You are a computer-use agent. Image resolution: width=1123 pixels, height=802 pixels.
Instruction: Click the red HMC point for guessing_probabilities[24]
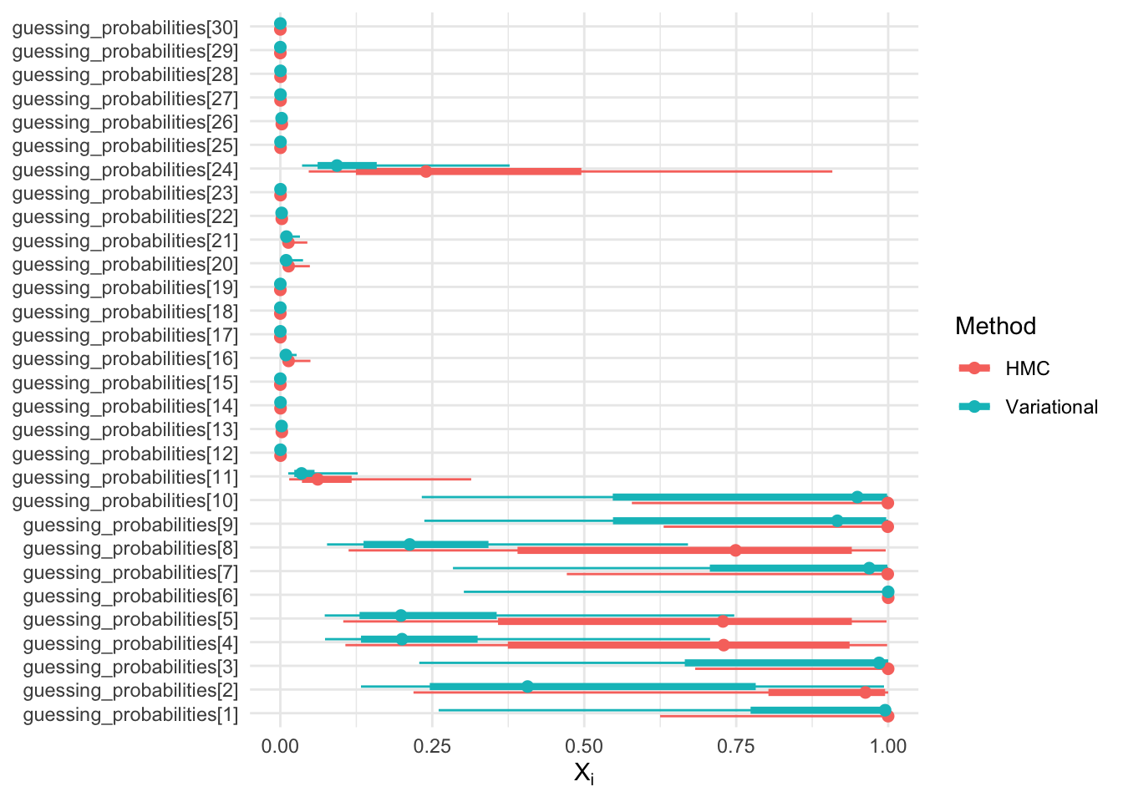[426, 171]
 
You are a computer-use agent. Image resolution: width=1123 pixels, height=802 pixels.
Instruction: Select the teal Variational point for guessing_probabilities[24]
[337, 165]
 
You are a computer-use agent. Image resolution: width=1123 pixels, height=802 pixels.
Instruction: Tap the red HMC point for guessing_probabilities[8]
[735, 550]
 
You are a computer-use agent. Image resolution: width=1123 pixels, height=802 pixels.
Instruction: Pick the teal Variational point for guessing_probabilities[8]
[409, 545]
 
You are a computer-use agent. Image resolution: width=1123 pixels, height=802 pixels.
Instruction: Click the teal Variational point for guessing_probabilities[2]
[527, 687]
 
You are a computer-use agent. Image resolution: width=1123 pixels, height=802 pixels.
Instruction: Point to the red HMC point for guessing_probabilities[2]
[866, 693]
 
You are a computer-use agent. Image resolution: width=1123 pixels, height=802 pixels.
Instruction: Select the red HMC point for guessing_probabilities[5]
[723, 621]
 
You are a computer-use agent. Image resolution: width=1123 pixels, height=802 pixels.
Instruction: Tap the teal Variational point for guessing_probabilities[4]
[402, 639]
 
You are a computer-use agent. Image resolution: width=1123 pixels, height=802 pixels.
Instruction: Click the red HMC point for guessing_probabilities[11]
[318, 480]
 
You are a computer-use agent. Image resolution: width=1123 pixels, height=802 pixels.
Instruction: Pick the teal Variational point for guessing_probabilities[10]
[857, 497]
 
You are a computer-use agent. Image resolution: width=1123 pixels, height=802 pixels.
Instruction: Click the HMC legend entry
[1027, 368]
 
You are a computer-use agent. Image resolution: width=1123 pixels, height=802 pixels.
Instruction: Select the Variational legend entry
[1051, 407]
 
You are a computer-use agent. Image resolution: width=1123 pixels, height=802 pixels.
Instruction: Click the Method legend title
[995, 326]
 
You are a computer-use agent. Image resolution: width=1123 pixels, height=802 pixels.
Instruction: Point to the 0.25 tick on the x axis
[432, 746]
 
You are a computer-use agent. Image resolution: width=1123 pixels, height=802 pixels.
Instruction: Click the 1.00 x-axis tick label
[888, 746]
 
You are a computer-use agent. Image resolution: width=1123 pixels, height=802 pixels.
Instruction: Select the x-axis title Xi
[584, 773]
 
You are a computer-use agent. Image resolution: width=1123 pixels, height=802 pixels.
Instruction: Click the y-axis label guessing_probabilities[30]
[125, 28]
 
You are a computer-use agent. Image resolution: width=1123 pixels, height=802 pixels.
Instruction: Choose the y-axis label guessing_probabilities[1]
[130, 714]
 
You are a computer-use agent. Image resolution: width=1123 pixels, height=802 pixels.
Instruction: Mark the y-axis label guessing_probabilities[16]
[125, 358]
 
